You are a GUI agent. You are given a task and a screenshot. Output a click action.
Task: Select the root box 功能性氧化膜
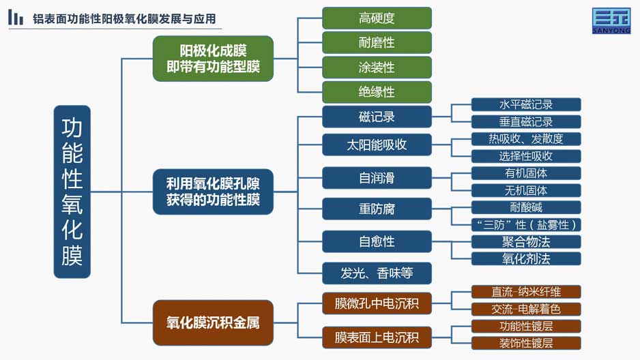point(72,192)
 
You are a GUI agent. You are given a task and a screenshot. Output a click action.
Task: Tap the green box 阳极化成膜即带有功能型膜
point(213,59)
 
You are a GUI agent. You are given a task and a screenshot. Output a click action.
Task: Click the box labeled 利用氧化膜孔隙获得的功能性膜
point(213,192)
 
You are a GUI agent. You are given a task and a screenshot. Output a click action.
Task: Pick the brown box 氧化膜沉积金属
point(213,322)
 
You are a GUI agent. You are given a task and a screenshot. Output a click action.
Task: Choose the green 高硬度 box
point(377,18)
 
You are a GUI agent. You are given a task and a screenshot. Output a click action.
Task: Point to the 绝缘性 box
point(377,92)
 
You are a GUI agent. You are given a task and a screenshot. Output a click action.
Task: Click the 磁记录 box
point(377,117)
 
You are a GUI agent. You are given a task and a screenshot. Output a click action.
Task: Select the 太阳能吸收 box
point(377,145)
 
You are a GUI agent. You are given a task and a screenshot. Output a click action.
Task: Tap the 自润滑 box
point(377,178)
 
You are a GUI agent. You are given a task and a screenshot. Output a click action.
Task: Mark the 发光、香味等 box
point(377,273)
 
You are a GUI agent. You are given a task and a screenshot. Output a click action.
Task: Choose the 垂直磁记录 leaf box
point(525,122)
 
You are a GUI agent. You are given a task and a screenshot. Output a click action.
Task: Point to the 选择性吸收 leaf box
point(525,156)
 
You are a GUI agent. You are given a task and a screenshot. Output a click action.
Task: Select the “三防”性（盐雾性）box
point(525,224)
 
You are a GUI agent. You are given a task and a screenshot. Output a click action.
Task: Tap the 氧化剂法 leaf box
point(525,258)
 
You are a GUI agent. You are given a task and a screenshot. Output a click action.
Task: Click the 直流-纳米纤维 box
point(525,292)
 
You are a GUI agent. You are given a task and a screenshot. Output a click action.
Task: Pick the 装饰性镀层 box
point(525,343)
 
